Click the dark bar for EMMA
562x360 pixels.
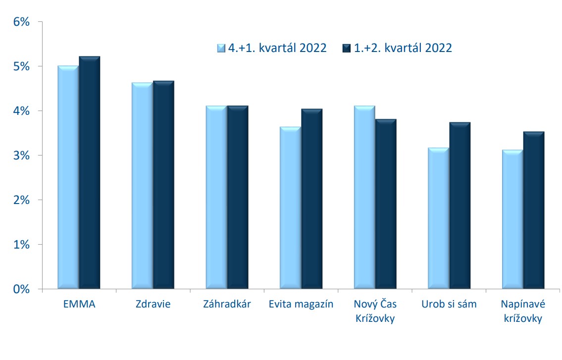click(x=90, y=172)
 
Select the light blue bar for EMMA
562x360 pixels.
click(x=68, y=177)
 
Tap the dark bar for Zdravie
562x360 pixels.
click(x=163, y=185)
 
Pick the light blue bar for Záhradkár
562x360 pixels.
click(x=216, y=197)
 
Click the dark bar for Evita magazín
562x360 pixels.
click(x=312, y=199)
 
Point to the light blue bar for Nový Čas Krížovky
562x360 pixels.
click(x=364, y=197)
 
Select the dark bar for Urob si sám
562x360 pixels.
click(x=460, y=206)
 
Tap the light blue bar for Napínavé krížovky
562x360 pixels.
click(x=512, y=219)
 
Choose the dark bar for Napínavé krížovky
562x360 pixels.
click(x=534, y=210)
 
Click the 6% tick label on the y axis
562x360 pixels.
click(x=21, y=22)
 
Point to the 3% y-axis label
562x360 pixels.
click(x=21, y=155)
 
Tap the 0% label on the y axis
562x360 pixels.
click(x=21, y=289)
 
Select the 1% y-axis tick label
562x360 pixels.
click(x=21, y=245)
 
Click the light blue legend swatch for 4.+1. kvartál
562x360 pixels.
click(x=221, y=48)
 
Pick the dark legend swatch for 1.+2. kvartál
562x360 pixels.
click(x=347, y=48)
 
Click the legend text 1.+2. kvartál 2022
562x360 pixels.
click(x=403, y=48)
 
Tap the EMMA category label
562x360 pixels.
click(x=79, y=304)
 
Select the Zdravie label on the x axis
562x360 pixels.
click(x=153, y=304)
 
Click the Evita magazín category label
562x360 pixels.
click(x=301, y=305)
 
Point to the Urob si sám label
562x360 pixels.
click(x=449, y=304)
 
